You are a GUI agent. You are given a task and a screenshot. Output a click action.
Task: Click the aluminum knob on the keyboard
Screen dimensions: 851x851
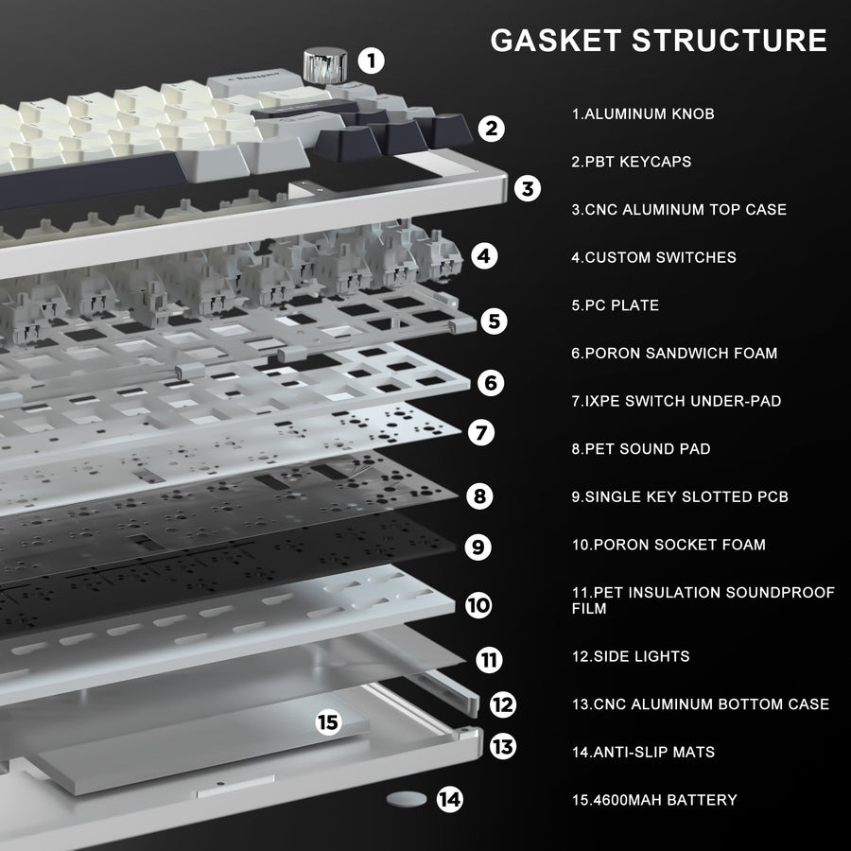325,65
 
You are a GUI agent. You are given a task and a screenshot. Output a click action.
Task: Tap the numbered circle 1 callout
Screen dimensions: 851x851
372,61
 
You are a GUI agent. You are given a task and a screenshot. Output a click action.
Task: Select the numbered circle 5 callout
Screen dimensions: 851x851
494,321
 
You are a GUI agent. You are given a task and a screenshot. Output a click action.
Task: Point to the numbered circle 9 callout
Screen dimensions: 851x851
478,547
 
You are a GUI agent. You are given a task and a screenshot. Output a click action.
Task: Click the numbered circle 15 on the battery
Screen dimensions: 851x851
328,722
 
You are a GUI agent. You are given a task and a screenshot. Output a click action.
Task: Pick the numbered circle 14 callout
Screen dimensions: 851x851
450,799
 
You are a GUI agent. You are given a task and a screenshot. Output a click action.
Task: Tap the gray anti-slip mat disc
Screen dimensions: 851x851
407,799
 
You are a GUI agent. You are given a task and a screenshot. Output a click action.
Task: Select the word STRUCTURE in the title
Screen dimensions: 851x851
729,40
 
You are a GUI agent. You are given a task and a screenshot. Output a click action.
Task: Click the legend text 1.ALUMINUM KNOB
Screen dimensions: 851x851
643,114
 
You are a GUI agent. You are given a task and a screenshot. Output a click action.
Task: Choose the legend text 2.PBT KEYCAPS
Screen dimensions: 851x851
632,162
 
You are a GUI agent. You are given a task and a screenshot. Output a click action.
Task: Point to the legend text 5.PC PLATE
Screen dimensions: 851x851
615,305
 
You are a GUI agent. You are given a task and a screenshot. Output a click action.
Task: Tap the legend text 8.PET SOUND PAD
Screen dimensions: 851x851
641,449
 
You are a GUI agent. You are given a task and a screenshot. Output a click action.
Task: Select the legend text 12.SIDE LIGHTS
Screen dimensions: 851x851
631,656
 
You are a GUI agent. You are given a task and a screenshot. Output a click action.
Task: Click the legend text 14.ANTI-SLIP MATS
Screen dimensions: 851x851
643,753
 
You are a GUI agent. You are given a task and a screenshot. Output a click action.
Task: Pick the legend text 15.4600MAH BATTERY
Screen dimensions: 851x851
654,800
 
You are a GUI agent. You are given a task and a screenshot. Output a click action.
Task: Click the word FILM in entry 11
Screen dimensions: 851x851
589,608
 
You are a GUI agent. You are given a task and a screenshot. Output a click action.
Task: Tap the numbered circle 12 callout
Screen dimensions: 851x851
503,704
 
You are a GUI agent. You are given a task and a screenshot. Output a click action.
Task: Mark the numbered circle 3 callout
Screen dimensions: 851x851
528,188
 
